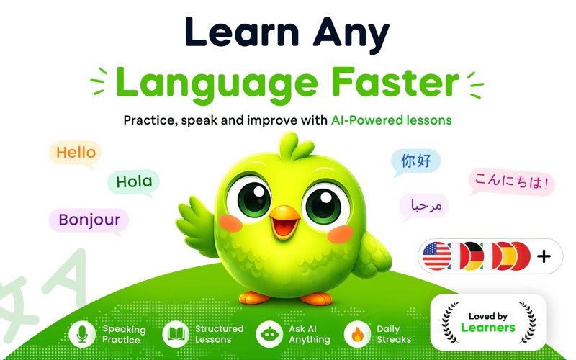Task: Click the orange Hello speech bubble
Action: tap(76, 153)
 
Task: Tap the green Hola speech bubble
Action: tap(134, 182)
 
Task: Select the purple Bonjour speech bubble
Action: tap(89, 220)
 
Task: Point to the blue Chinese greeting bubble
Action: tap(416, 161)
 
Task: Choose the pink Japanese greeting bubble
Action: tap(511, 181)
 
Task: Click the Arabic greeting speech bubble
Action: tap(425, 207)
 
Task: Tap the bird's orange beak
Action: tap(284, 222)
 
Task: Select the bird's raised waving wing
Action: tap(196, 225)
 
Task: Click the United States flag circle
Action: tap(437, 256)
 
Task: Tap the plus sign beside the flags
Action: tap(544, 256)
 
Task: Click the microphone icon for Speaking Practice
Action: tap(82, 334)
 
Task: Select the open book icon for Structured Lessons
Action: tap(176, 334)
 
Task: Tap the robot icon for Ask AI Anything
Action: tap(269, 334)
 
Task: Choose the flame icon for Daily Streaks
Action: tap(357, 334)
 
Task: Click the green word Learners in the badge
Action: tap(488, 328)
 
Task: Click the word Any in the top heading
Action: tap(351, 34)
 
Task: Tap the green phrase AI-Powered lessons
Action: tap(392, 120)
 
